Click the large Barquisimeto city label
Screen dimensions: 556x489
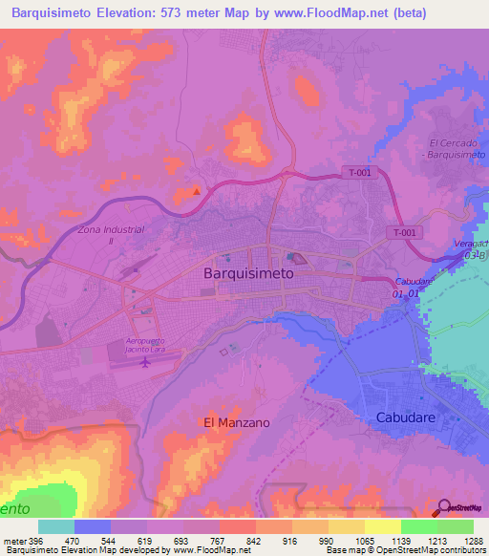pyautogui.click(x=249, y=272)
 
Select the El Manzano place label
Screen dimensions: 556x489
pyautogui.click(x=236, y=421)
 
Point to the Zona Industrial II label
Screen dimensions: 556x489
pyautogui.click(x=111, y=235)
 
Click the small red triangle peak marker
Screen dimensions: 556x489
pyautogui.click(x=197, y=190)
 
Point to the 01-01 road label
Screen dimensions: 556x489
pyautogui.click(x=406, y=294)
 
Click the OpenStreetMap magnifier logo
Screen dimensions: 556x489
pyautogui.click(x=444, y=508)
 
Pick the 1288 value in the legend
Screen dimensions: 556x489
pyautogui.click(x=461, y=541)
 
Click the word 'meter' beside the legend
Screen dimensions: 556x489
pyautogui.click(x=13, y=541)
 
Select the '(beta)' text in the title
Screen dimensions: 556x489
pyautogui.click(x=405, y=12)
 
